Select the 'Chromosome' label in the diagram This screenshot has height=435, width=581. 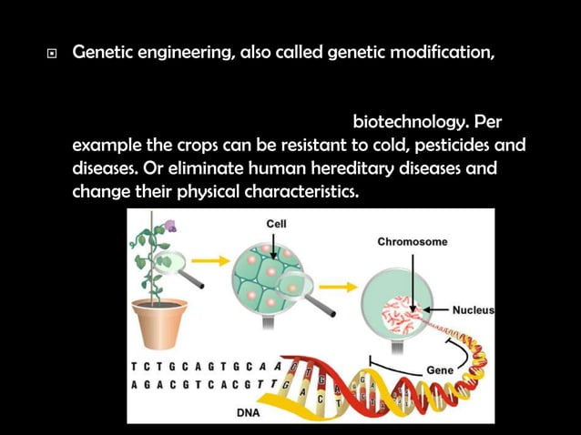[x=413, y=242]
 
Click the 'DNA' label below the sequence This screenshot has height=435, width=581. [x=249, y=412]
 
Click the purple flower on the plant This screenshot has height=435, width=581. [x=170, y=225]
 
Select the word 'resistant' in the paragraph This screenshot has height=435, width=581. [x=279, y=146]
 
